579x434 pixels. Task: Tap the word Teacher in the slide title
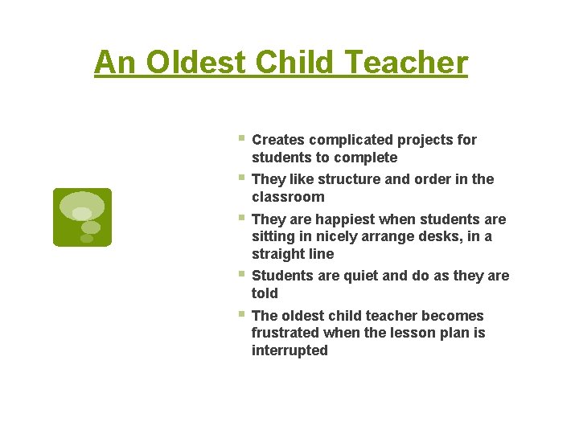click(411, 62)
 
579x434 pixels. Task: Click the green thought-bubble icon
click(82, 217)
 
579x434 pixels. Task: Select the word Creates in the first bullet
click(278, 140)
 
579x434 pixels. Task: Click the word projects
click(428, 140)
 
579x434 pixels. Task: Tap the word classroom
click(288, 197)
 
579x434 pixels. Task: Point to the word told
click(265, 293)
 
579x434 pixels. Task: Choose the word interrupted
click(289, 350)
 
